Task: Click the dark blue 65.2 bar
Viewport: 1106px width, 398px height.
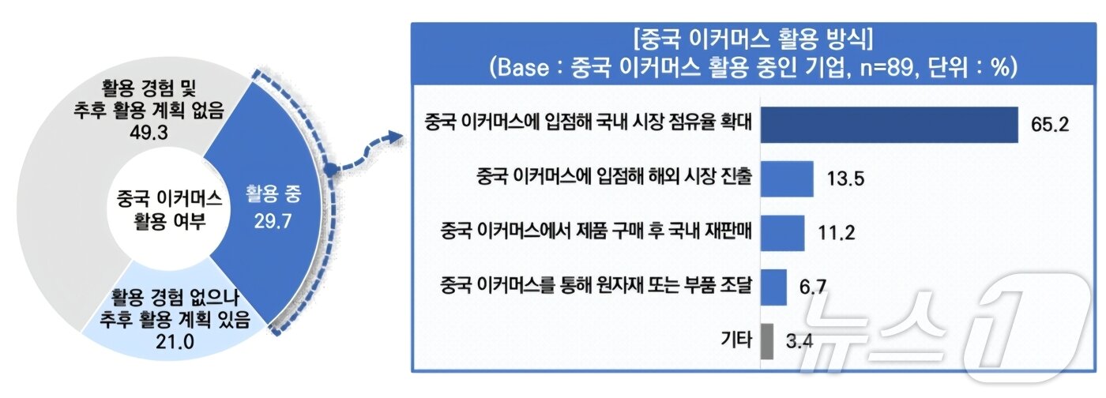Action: pos(889,124)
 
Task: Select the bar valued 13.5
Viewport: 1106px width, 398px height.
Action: pos(787,179)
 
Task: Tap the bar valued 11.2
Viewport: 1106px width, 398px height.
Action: pos(782,232)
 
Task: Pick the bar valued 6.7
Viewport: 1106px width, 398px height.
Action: pos(773,287)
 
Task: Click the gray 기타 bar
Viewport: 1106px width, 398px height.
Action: pos(766,341)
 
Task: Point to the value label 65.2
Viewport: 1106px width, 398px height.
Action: pos(1050,124)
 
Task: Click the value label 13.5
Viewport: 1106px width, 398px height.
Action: pos(845,179)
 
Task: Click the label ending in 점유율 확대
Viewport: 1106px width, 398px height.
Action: pos(586,124)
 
